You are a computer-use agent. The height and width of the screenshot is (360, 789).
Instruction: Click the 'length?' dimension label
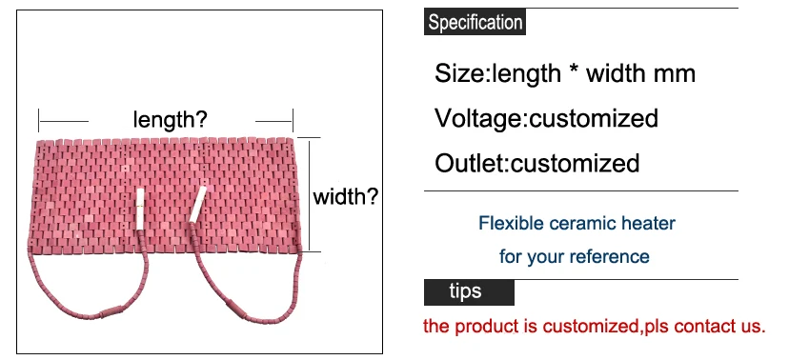[171, 120]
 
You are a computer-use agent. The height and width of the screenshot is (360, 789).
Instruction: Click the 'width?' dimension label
[347, 197]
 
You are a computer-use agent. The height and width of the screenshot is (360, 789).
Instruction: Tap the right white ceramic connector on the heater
[197, 204]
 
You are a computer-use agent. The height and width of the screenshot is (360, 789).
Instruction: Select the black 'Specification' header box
[474, 23]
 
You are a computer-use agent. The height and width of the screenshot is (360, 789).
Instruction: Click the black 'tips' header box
[468, 291]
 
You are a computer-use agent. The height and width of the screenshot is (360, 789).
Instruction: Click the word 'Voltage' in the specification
[477, 118]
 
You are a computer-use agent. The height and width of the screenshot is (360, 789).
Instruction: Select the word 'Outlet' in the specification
[469, 163]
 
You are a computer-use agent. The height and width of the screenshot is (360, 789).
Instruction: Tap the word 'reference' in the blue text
[611, 256]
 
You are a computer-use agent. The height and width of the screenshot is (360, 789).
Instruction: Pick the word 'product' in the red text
[486, 327]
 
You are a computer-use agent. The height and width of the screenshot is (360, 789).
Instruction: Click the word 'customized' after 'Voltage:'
[594, 118]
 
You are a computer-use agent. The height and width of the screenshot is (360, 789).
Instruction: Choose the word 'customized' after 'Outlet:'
[576, 163]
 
